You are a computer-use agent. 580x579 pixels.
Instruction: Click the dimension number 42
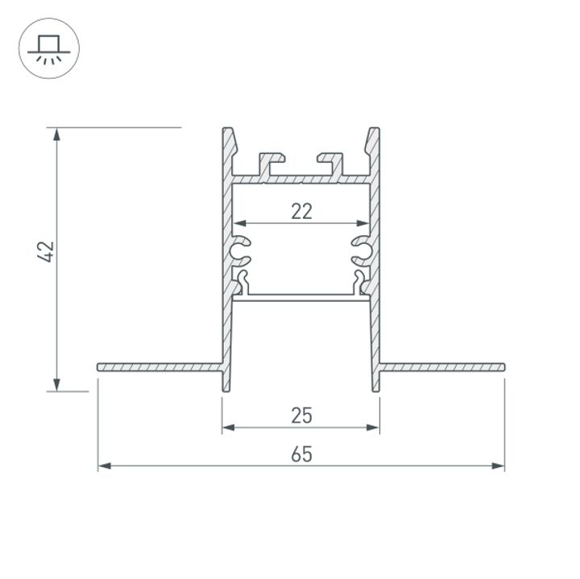tap(46, 251)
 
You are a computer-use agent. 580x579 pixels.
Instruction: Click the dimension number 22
tap(301, 212)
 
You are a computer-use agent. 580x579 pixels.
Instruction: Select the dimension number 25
tap(301, 416)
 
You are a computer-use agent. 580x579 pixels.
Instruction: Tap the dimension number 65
tap(301, 454)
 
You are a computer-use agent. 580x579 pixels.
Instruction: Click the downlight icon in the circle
tap(48, 48)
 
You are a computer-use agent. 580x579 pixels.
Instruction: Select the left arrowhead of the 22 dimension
tap(239, 223)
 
